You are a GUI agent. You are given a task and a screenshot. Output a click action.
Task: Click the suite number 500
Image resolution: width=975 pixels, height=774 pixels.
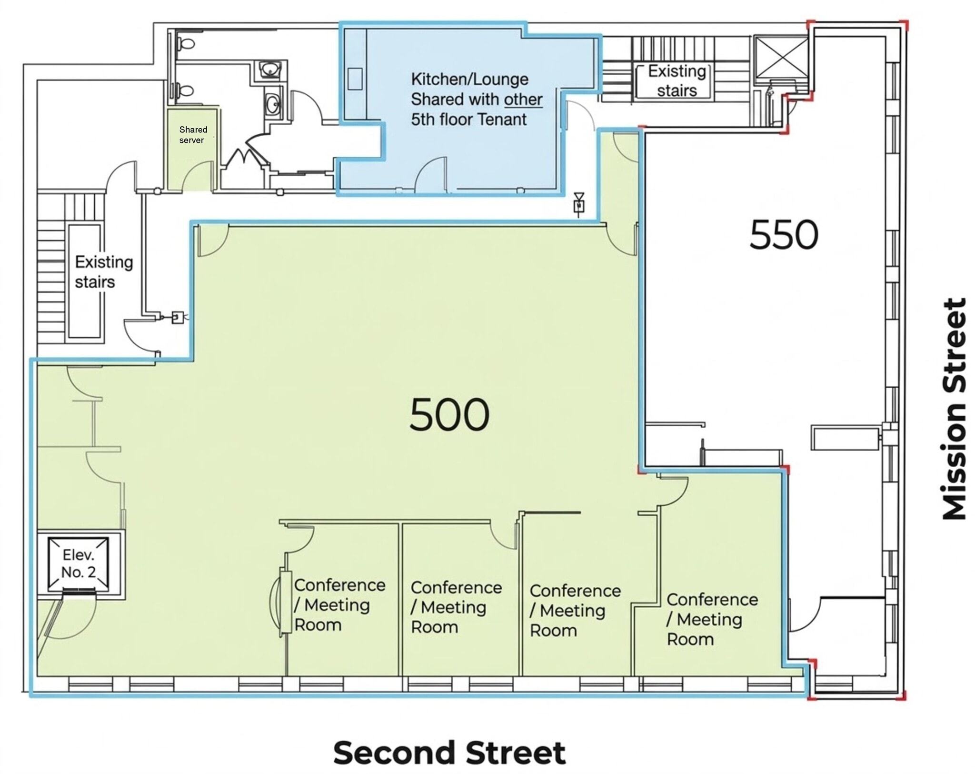pos(449,414)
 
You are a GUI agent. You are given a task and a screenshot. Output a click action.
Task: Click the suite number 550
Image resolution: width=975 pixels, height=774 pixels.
pos(784,235)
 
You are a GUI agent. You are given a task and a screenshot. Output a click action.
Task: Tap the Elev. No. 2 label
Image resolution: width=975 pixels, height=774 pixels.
pos(79,563)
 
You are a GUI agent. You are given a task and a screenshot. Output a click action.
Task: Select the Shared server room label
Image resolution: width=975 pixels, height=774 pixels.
pos(192,135)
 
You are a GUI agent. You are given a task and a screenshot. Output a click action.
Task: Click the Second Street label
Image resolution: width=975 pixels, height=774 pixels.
pos(449,753)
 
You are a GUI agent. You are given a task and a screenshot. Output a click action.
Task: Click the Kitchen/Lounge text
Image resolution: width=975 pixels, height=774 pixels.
pos(469,79)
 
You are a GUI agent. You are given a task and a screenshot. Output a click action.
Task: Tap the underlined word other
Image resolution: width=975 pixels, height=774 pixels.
pos(523,100)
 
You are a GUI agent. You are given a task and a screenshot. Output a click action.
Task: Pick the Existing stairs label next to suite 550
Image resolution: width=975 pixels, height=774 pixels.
pos(677,81)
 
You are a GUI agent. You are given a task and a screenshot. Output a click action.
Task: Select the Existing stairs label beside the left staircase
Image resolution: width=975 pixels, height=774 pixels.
pos(103,272)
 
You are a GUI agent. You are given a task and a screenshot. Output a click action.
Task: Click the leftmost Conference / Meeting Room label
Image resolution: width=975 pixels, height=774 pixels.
pos(339,605)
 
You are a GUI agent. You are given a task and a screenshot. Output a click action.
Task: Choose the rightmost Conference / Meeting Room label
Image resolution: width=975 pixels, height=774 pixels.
pos(712,619)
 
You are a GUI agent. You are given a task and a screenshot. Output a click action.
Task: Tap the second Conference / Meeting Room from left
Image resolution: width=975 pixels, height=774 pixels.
pos(456,607)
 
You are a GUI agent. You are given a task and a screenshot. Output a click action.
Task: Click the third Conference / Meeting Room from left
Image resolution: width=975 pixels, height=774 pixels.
pos(575,611)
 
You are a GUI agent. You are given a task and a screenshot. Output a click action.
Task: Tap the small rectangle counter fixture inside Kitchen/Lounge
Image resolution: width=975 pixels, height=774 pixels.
pos(355,79)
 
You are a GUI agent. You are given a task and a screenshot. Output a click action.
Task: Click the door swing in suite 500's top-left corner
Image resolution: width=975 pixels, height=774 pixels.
pos(212,241)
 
